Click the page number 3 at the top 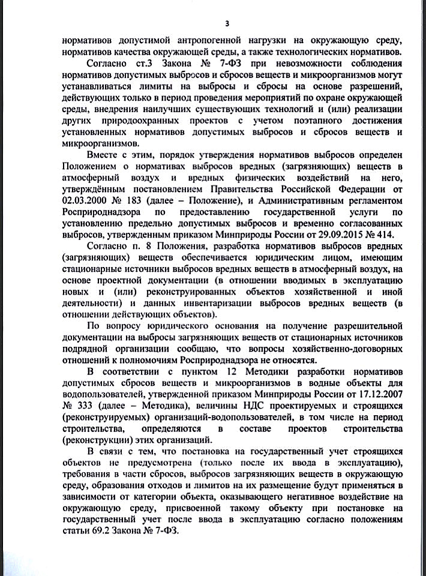pos(227,23)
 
